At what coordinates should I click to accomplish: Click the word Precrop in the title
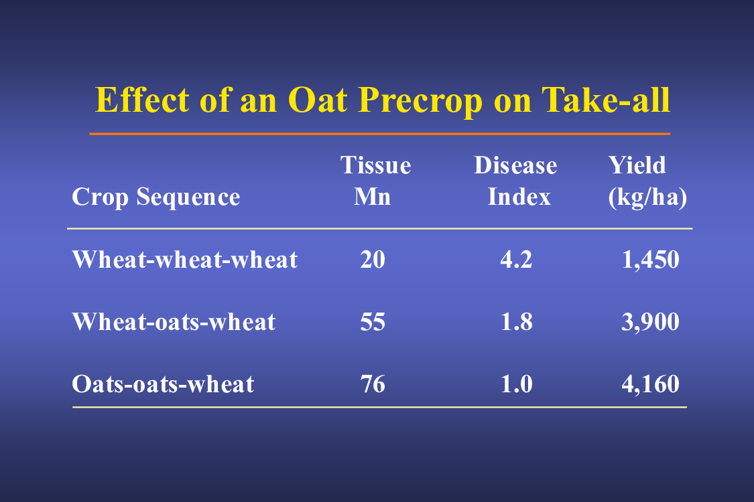[420, 101]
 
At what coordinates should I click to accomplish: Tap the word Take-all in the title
[606, 100]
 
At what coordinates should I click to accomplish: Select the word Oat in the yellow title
[318, 100]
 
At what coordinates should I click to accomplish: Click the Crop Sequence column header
[155, 197]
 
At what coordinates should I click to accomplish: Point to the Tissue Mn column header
[375, 181]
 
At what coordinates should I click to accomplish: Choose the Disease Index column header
[515, 181]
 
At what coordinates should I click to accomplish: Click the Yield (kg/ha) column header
[647, 181]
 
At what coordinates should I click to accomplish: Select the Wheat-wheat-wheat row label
[185, 260]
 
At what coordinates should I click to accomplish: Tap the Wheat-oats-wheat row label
[174, 321]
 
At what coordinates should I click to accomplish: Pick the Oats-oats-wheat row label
[163, 384]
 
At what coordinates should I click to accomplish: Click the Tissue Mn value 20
[373, 260]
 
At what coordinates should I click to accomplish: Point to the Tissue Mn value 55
[373, 321]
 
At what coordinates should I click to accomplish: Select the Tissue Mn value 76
[373, 384]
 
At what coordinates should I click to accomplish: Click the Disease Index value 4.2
[517, 260]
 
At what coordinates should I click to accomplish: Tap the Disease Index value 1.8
[517, 321]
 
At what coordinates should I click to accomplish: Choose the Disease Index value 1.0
[517, 384]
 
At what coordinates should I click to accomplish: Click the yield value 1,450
[651, 260]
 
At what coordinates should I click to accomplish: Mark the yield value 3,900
[651, 322]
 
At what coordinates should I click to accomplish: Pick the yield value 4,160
[651, 384]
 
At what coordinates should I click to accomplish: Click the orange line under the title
[379, 134]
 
